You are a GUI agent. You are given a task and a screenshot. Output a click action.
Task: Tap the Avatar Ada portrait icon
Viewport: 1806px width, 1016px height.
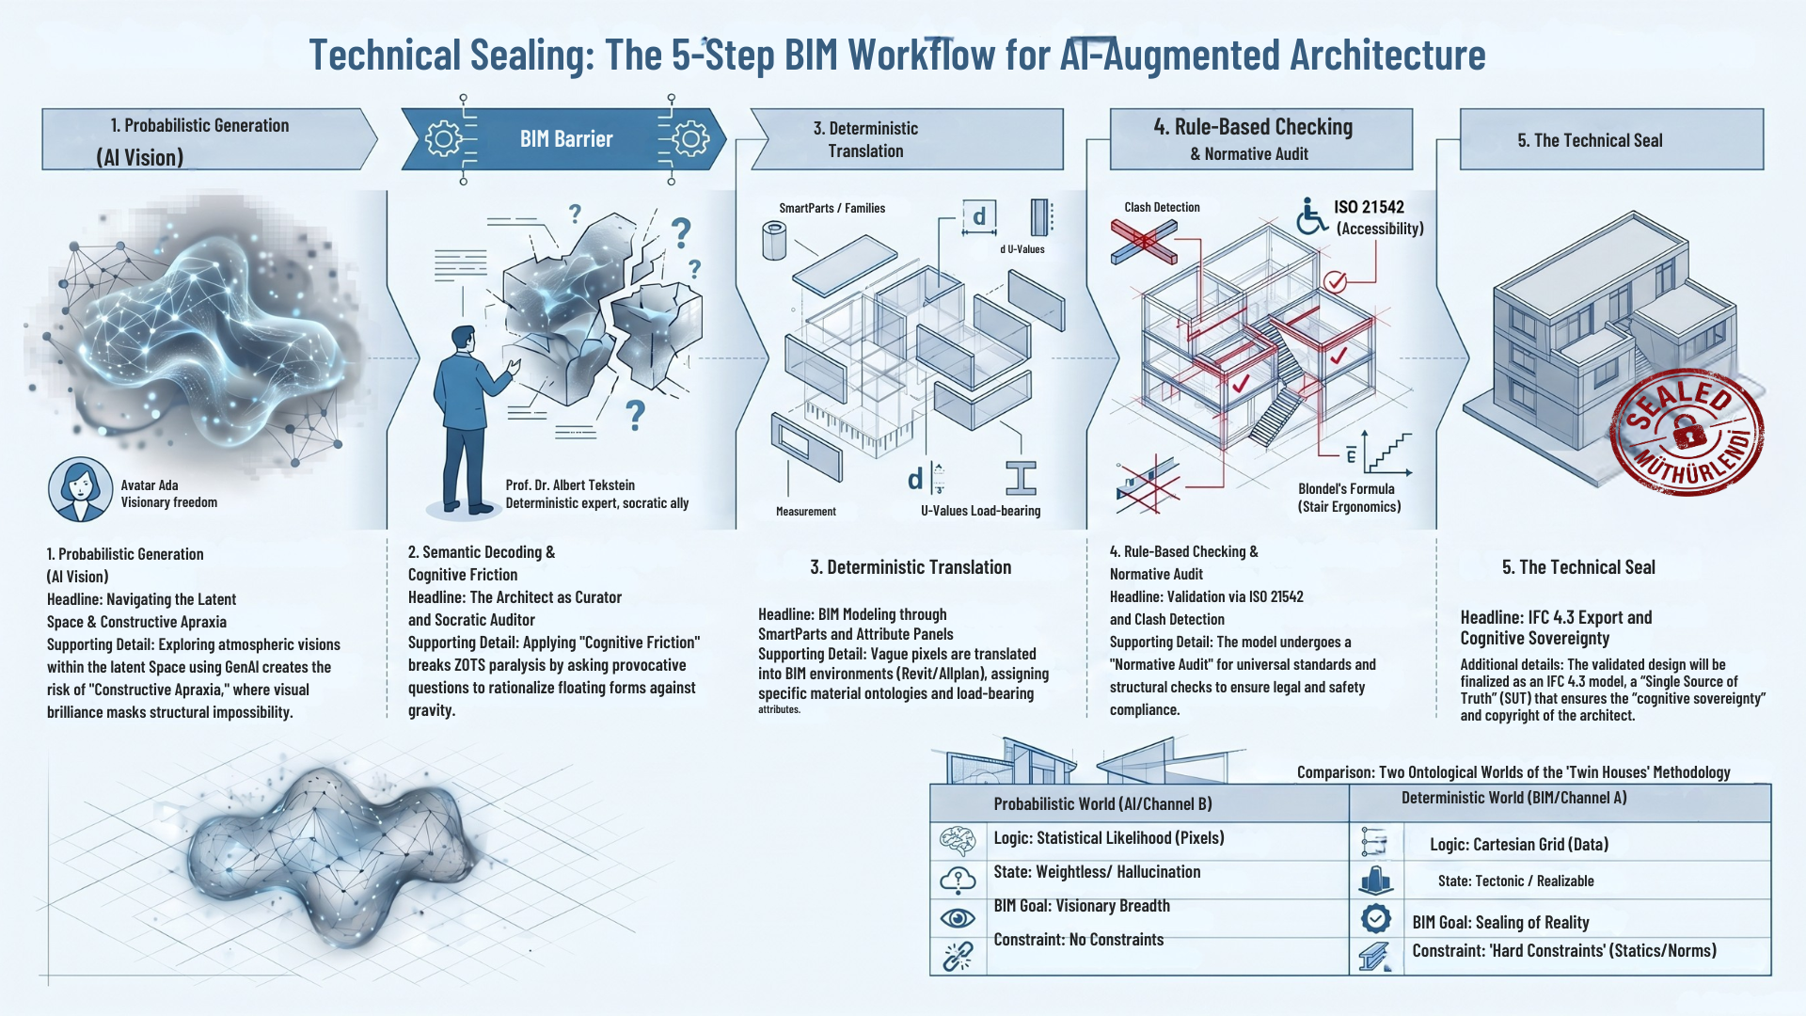click(x=80, y=489)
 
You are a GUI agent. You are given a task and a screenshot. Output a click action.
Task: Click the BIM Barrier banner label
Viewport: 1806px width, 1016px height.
click(x=566, y=139)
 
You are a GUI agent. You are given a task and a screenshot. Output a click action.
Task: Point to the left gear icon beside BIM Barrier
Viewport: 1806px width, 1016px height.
click(x=443, y=139)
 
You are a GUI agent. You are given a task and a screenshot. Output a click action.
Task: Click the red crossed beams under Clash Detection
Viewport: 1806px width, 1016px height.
click(x=1144, y=241)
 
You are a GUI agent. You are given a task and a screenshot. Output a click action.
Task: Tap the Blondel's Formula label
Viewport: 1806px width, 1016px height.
click(x=1346, y=489)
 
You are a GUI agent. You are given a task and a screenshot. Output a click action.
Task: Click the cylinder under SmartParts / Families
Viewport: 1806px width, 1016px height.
click(x=774, y=240)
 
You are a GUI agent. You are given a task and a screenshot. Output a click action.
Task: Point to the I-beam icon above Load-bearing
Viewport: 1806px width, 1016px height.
click(x=1021, y=478)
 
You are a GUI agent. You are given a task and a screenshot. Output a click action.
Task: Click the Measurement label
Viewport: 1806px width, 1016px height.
click(x=806, y=512)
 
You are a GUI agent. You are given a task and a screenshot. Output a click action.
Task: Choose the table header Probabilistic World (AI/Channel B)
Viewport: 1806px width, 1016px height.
click(x=1102, y=804)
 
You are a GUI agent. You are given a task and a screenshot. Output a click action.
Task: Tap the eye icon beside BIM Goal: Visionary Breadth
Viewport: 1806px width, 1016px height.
click(x=958, y=917)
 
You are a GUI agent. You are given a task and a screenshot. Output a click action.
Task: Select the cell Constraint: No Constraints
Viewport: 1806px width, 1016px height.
click(x=1079, y=940)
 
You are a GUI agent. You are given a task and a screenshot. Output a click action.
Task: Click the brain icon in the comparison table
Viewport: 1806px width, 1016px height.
click(x=958, y=839)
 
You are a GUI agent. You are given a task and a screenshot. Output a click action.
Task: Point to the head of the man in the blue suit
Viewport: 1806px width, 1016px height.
click(x=463, y=340)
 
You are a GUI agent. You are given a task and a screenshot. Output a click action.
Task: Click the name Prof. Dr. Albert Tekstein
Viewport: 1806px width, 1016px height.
click(x=570, y=485)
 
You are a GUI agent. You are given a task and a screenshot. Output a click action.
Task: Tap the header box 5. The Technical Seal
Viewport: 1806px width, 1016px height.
click(x=1611, y=139)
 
